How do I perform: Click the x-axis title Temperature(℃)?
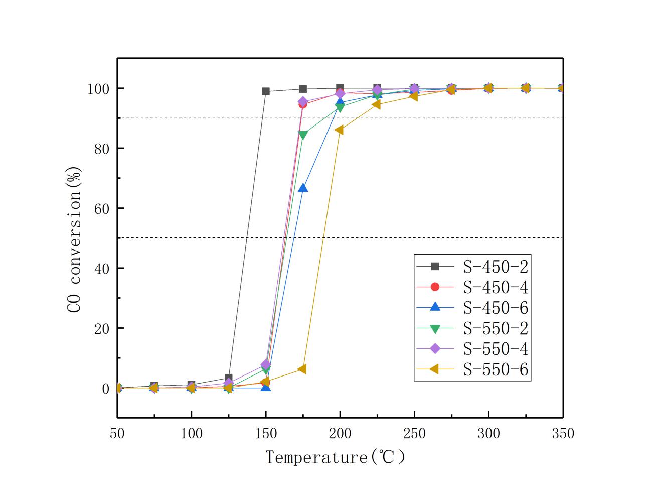click(335, 457)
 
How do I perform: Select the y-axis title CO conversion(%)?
click(74, 239)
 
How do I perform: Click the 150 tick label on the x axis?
click(266, 433)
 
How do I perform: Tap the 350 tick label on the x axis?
click(563, 433)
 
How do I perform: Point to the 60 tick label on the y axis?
click(102, 208)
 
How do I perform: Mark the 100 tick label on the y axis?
click(98, 89)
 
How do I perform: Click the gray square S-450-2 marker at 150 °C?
click(266, 91)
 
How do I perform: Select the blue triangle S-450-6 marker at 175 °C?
click(303, 188)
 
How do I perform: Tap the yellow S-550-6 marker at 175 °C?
click(302, 369)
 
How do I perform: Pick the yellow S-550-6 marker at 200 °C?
click(339, 130)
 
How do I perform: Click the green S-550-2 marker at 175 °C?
click(303, 135)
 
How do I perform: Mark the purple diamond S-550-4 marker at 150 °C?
click(266, 364)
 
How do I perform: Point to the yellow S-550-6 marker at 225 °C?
click(376, 104)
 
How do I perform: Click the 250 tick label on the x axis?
click(414, 433)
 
